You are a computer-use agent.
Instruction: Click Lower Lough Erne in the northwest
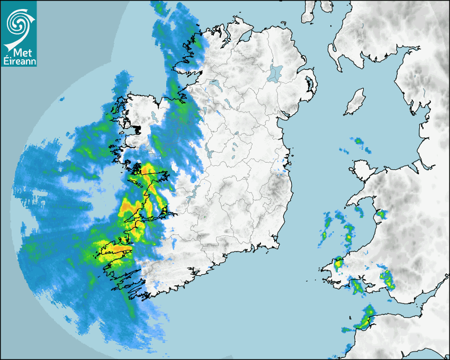point(215,84)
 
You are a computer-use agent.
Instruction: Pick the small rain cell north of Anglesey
point(358,141)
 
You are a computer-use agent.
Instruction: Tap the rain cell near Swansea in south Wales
point(387,277)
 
